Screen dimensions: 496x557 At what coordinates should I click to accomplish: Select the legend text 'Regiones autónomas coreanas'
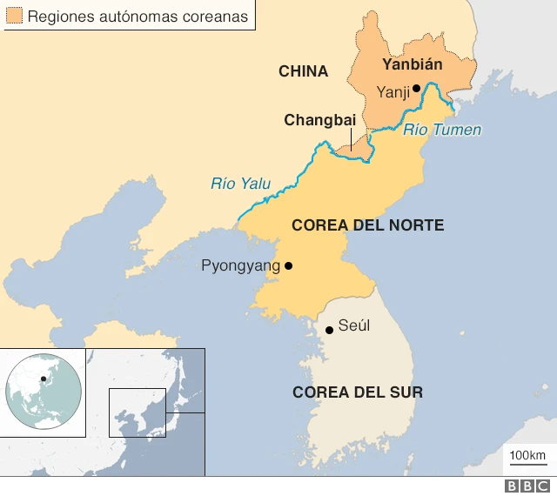coord(138,17)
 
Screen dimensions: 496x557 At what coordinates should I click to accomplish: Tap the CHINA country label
coord(303,71)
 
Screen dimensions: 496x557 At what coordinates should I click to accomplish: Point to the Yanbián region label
coord(413,64)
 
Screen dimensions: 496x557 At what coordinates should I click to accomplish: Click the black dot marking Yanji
coord(417,88)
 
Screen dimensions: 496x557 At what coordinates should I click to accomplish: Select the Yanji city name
coord(393,91)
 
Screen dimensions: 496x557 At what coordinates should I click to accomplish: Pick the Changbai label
coord(319,120)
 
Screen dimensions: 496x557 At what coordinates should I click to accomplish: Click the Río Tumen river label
coord(442,131)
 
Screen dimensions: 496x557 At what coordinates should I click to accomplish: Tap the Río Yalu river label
coord(240,184)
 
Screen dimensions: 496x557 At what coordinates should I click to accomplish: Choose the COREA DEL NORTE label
coord(367,225)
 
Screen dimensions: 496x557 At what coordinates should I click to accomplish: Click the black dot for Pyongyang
coord(289,266)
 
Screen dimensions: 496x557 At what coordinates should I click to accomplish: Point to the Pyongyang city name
coord(238,266)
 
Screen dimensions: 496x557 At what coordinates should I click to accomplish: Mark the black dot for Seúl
coord(329,330)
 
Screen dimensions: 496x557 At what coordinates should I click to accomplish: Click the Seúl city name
coord(354,325)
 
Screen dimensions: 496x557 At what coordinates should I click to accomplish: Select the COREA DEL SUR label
coord(358,392)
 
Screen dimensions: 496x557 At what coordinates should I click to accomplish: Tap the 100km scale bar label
coord(527,456)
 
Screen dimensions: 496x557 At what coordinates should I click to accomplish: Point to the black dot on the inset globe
coord(44,379)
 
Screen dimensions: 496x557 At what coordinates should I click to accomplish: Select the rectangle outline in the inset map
coord(137,412)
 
